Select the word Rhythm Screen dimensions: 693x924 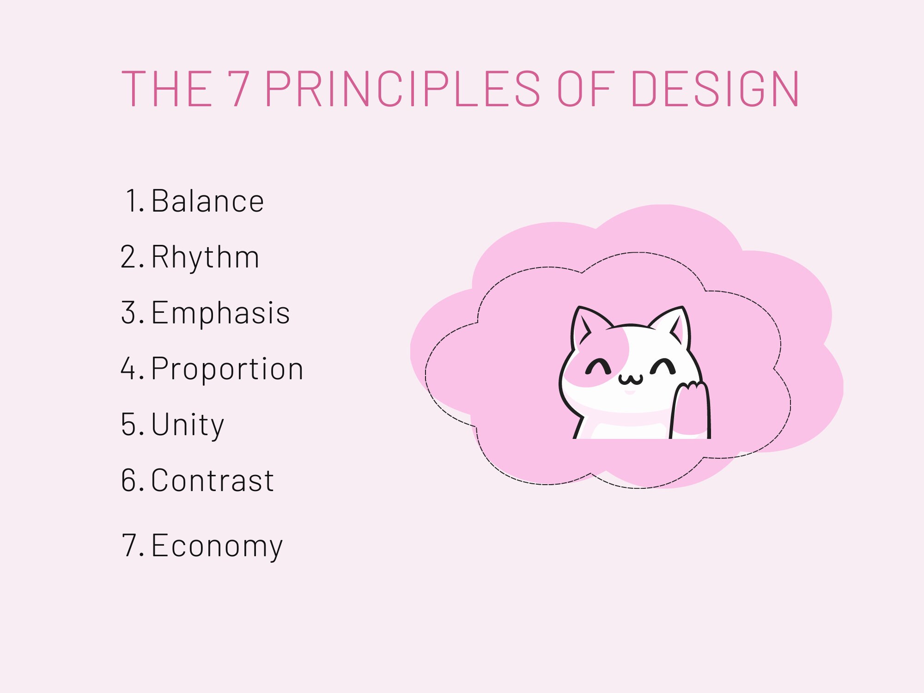(205, 257)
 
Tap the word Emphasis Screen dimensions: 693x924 (220, 313)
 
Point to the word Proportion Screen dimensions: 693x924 (227, 369)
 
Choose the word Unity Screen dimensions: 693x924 (188, 425)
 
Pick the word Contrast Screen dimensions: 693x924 (213, 480)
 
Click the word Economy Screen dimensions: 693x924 (217, 546)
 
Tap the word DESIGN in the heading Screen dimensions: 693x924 (715, 89)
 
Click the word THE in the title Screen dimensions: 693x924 (167, 89)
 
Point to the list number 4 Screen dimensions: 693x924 (128, 369)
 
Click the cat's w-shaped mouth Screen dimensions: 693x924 (631, 380)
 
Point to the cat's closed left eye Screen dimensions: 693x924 (598, 366)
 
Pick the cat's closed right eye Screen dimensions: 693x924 (663, 366)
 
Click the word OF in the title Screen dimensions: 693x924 (586, 89)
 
